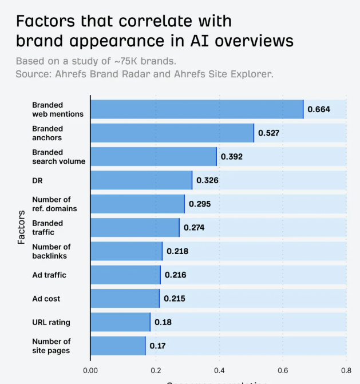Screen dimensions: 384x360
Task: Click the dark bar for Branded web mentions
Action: (x=197, y=109)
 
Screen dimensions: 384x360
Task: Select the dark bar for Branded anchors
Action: (x=172, y=133)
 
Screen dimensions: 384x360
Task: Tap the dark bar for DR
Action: (x=141, y=180)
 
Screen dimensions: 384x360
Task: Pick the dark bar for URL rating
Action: (x=120, y=322)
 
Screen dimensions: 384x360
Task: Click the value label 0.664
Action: (x=319, y=109)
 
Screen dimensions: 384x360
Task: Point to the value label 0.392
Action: (x=232, y=156)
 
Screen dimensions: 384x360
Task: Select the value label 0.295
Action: (x=200, y=204)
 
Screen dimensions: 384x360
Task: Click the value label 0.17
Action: (x=157, y=346)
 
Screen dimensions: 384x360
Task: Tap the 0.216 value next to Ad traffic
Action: (x=175, y=275)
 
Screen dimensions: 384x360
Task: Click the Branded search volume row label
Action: (x=58, y=157)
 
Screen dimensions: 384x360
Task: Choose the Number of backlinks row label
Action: (x=51, y=251)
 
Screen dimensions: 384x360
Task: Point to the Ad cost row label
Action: (x=46, y=299)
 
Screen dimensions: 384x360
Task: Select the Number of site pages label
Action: (x=51, y=346)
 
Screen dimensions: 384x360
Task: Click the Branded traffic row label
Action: (x=48, y=227)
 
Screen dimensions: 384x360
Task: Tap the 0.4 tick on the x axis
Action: (x=218, y=370)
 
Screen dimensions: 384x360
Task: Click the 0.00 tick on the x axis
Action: (x=90, y=370)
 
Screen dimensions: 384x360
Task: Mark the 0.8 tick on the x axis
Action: (x=346, y=370)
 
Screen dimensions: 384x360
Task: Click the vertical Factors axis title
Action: (x=21, y=227)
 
